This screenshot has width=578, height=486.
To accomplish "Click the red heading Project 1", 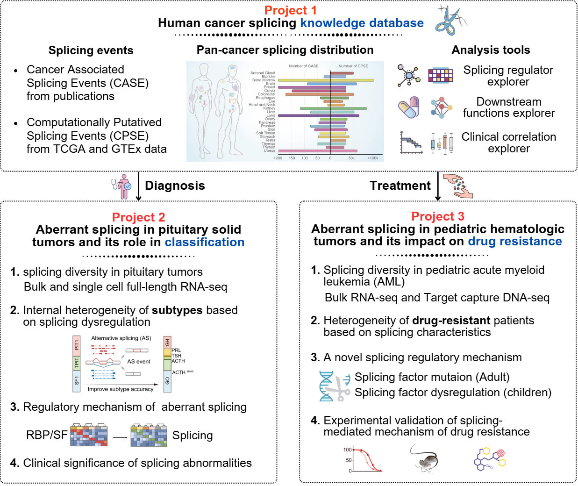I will pyautogui.click(x=290, y=10).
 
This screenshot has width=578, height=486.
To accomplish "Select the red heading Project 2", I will pyautogui.click(x=138, y=217).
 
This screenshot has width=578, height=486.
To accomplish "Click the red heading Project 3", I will pyautogui.click(x=438, y=216).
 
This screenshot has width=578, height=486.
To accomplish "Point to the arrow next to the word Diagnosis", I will pyautogui.click(x=138, y=186).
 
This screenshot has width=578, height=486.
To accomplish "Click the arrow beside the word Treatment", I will pyautogui.click(x=438, y=186).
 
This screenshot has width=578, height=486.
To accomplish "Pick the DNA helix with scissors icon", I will pyautogui.click(x=335, y=386).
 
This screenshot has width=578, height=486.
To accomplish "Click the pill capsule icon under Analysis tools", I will pyautogui.click(x=408, y=108).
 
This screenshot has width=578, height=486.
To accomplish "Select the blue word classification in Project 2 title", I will pyautogui.click(x=205, y=242).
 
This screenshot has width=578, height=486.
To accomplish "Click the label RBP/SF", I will pyautogui.click(x=47, y=435).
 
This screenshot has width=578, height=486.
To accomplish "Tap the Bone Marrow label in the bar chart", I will pyautogui.click(x=264, y=80).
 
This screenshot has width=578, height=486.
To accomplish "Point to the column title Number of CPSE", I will pyautogui.click(x=353, y=66).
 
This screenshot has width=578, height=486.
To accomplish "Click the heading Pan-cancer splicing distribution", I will pyautogui.click(x=285, y=50).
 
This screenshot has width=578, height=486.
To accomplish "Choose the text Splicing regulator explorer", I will pyautogui.click(x=508, y=76).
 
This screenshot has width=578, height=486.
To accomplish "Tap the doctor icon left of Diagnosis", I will pyautogui.click(x=121, y=186).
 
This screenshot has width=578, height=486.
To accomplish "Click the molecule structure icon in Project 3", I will pyautogui.click(x=489, y=459).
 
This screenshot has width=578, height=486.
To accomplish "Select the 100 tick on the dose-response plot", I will pyautogui.click(x=348, y=450).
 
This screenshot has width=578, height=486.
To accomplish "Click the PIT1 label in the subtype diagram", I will pyautogui.click(x=77, y=345).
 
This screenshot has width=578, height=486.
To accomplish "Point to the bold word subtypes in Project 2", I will pyautogui.click(x=177, y=310).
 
